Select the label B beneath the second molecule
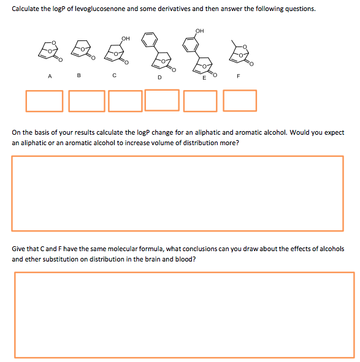[x=79, y=77]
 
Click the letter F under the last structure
[x=239, y=77]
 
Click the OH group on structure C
[x=126, y=38]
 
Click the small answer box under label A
[x=44, y=101]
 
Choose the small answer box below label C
[x=126, y=101]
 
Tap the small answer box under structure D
[x=162, y=100]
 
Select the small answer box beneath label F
[x=240, y=100]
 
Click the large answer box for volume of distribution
[x=178, y=193]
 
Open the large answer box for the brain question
[x=184, y=314]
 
